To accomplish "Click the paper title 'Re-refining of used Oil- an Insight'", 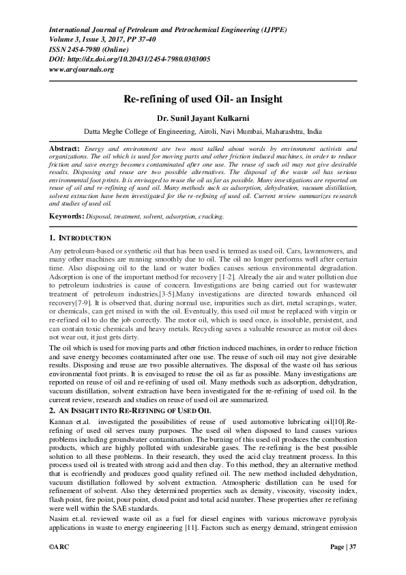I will pos(202,99).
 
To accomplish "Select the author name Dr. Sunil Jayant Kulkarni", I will pos(202,117).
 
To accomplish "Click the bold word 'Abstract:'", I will pos(64,148).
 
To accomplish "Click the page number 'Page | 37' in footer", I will pos(343,547).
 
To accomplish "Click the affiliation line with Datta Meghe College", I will pos(202,130).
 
